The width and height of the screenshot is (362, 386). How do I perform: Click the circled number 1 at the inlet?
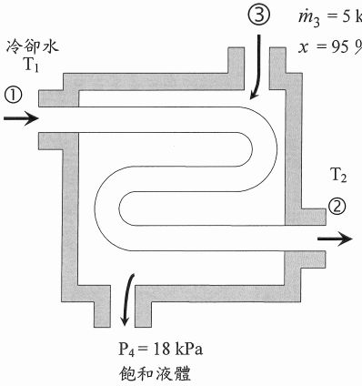click(x=13, y=94)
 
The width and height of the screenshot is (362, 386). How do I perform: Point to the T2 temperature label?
click(x=338, y=175)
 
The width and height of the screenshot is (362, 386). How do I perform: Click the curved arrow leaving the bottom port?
click(x=126, y=301)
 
